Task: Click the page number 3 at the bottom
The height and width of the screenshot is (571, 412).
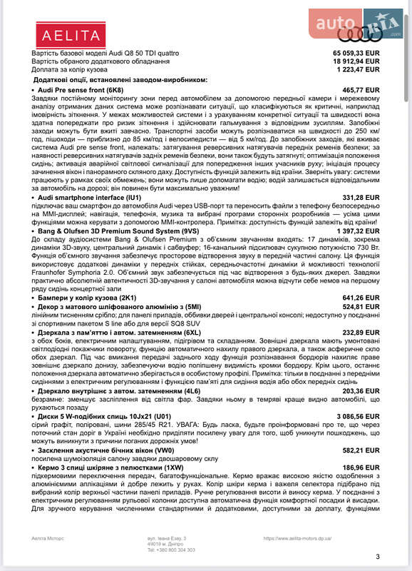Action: [378, 557]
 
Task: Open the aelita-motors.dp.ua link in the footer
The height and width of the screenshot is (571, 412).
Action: [299, 539]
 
